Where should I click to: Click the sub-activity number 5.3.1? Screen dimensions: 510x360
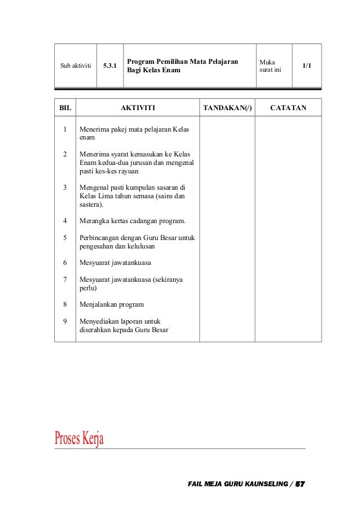coord(110,66)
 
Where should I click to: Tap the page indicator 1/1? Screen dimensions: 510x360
coord(306,66)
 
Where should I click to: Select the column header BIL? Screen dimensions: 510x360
coord(65,107)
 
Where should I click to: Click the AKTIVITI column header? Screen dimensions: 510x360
coord(138,107)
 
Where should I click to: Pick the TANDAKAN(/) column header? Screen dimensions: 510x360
coord(227,107)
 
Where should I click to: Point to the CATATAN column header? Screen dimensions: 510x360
coord(288,107)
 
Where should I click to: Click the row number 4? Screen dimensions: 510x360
coord(65,220)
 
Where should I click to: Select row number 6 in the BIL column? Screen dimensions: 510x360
coord(65,263)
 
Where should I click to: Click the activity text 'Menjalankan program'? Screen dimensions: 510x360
coord(112,304)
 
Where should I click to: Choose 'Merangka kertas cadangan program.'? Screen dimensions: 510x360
coord(133,220)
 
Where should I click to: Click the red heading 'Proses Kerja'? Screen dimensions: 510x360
coord(79,438)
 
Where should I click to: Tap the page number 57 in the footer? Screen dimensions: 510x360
coord(300,485)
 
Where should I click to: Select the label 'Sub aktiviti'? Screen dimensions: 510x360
coord(76,66)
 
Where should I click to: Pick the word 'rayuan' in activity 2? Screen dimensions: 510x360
coord(128,171)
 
